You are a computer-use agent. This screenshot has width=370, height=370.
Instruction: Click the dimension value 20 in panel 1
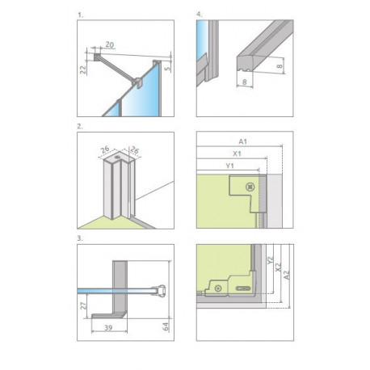pyautogui.click(x=110, y=44)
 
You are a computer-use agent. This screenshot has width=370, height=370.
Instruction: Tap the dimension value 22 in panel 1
pyautogui.click(x=83, y=69)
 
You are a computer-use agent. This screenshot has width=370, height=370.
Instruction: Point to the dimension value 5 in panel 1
pyautogui.click(x=167, y=69)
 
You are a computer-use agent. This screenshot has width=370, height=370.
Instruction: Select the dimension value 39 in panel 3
pyautogui.click(x=108, y=327)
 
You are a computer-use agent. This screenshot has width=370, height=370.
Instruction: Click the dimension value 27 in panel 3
pyautogui.click(x=83, y=305)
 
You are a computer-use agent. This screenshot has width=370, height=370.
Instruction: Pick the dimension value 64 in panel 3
pyautogui.click(x=166, y=326)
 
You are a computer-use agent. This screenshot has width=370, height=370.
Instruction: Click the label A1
pyautogui.click(x=242, y=141)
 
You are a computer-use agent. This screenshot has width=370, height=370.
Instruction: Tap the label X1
pyautogui.click(x=237, y=153)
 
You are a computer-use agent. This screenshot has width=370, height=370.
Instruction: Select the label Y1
pyautogui.click(x=229, y=166)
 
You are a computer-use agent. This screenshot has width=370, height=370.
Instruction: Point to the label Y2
pyautogui.click(x=271, y=260)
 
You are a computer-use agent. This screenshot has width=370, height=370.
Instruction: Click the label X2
pyautogui.click(x=279, y=267)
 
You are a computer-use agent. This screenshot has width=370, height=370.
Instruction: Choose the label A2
pyautogui.click(x=287, y=275)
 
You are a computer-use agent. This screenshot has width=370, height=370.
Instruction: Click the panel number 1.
pyautogui.click(x=80, y=15)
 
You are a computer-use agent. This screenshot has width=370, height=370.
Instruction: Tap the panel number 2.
pyautogui.click(x=80, y=126)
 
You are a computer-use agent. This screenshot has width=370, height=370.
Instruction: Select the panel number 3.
pyautogui.click(x=80, y=238)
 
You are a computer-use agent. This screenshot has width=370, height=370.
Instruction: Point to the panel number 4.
pyautogui.click(x=200, y=15)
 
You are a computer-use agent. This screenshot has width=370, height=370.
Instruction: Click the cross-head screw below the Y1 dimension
pyautogui.click(x=250, y=187)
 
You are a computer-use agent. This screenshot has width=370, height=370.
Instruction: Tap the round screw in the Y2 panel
pyautogui.click(x=218, y=288)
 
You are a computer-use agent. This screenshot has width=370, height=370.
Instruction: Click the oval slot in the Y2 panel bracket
pyautogui.click(x=243, y=288)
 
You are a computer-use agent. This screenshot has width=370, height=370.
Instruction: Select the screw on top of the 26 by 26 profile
pyautogui.click(x=117, y=157)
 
